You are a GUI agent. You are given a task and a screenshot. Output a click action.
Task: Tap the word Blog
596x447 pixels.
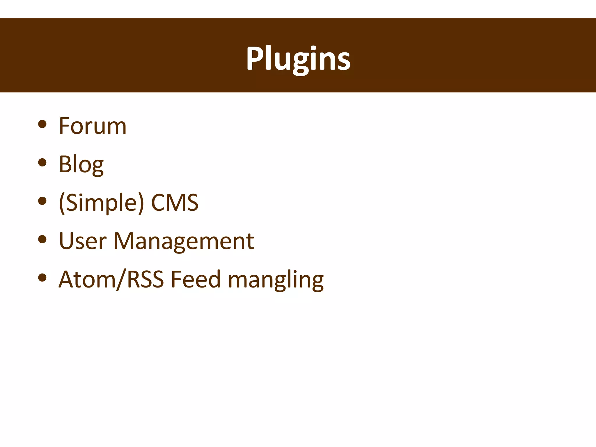click(x=81, y=164)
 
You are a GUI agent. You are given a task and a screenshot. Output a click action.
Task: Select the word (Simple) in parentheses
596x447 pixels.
click(x=101, y=203)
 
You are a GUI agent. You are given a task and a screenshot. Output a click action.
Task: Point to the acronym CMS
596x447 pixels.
click(x=175, y=203)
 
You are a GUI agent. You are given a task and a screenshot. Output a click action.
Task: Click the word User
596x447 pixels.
click(x=83, y=241)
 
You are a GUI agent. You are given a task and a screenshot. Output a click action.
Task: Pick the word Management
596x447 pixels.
click(x=184, y=242)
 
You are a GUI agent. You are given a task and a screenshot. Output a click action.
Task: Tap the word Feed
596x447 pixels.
click(x=196, y=279)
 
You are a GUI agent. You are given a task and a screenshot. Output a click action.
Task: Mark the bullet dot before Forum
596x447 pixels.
click(x=42, y=124)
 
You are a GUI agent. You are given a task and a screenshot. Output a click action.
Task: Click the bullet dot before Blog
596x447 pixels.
click(x=42, y=162)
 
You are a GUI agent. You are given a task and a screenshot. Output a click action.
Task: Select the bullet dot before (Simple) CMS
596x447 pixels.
click(x=42, y=201)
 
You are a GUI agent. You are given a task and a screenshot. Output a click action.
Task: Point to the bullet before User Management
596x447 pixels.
click(x=42, y=239)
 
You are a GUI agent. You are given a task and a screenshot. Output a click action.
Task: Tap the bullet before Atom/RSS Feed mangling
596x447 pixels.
click(x=42, y=278)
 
